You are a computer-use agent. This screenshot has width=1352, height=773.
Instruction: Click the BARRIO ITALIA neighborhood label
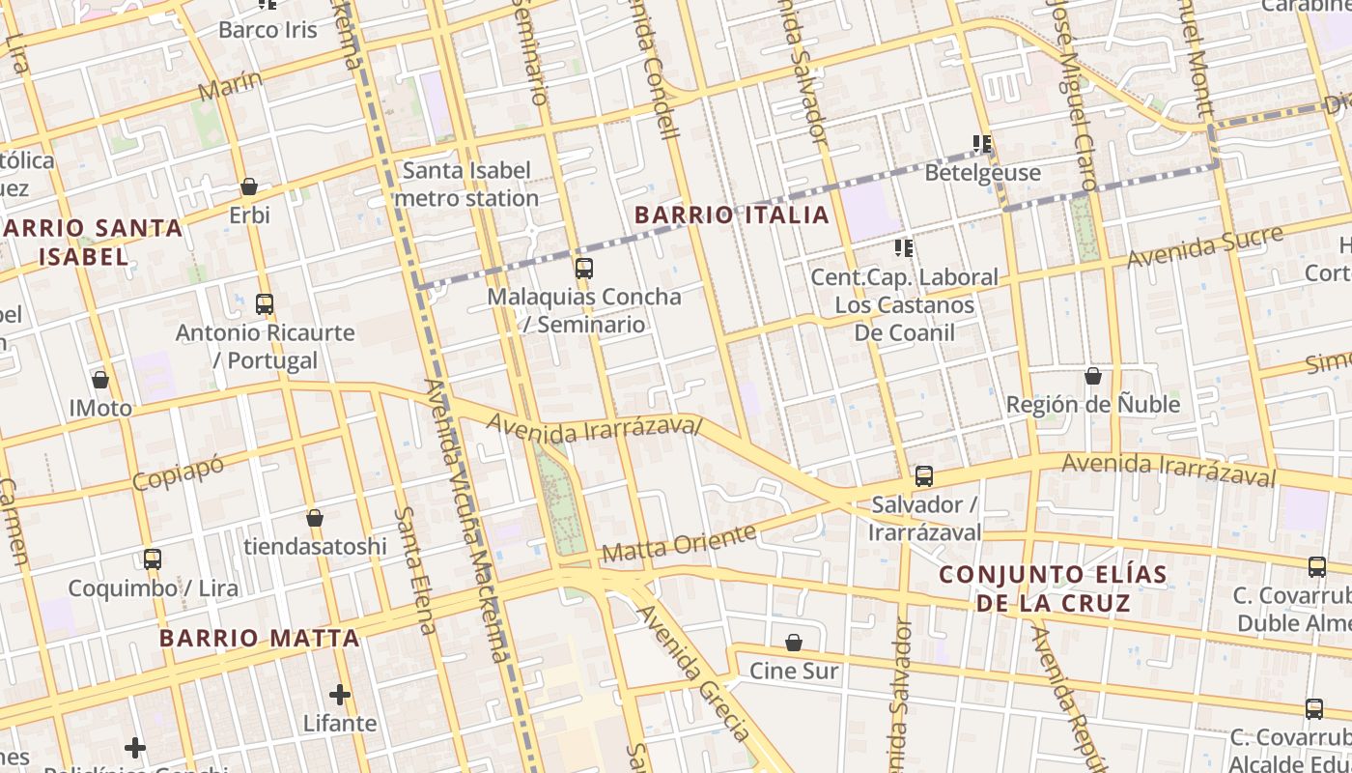point(732,215)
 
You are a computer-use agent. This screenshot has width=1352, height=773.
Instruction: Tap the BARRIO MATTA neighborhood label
point(259,638)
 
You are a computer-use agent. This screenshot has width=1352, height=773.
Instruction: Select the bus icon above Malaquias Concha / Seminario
point(583,269)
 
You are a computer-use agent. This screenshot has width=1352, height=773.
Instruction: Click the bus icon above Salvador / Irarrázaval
point(924,476)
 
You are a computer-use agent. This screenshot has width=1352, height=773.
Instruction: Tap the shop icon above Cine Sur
point(794,643)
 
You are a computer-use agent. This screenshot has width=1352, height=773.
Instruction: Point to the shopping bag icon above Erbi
point(249,186)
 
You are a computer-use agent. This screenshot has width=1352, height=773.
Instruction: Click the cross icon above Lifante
point(340,695)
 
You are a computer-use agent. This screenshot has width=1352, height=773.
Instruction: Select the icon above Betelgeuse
point(982,145)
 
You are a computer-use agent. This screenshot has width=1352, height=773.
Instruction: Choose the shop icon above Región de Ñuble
point(1093,376)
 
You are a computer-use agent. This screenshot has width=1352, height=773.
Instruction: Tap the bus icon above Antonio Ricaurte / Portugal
point(265,304)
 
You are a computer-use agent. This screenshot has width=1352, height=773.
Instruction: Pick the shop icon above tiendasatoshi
point(315,519)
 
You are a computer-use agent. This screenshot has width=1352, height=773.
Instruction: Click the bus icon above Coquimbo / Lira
point(153,559)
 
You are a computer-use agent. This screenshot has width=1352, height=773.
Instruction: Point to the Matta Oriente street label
point(678,543)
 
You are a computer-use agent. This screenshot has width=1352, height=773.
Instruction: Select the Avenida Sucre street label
point(1204,247)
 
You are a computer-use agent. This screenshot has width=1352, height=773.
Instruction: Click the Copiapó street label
point(179,472)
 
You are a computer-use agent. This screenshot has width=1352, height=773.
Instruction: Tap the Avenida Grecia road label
point(693,673)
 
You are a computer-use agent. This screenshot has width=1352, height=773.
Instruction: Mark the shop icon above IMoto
point(100,380)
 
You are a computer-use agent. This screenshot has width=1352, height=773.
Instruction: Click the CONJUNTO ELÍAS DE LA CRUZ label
point(1053,588)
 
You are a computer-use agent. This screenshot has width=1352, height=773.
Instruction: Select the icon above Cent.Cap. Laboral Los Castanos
point(904,249)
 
